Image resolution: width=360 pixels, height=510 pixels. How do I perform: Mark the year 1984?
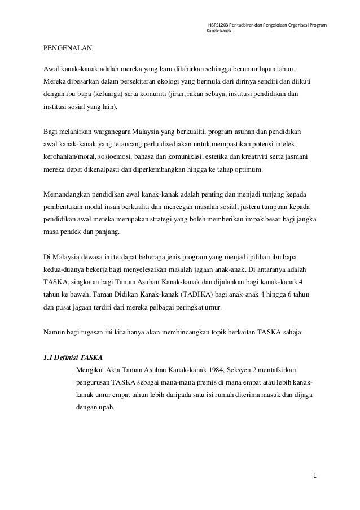[184, 369]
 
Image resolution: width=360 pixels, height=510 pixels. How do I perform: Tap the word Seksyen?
[209, 369]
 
